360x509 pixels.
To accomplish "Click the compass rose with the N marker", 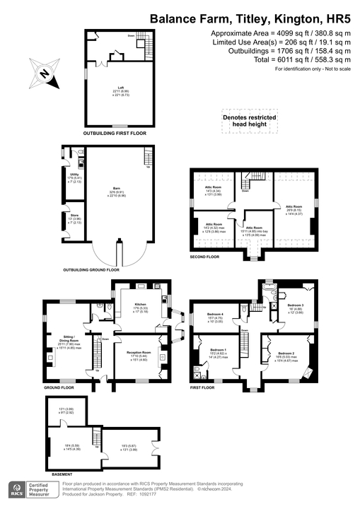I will pyautogui.click(x=43, y=73).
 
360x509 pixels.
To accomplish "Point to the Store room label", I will pyautogui.click(x=73, y=218).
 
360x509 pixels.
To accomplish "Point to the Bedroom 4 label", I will pyautogui.click(x=214, y=315).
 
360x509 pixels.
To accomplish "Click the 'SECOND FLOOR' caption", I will pyautogui.click(x=206, y=257).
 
